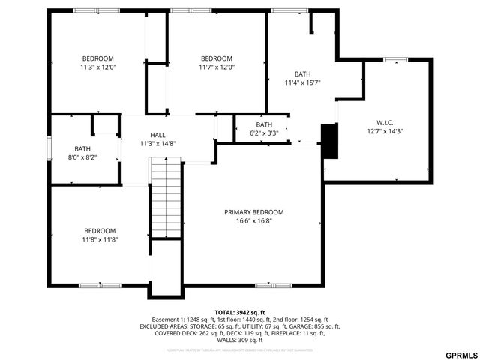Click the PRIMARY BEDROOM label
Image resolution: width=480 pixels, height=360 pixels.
click(253, 212)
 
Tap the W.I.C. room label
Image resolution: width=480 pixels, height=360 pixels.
click(385, 122)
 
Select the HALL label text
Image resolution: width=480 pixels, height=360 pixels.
click(157, 134)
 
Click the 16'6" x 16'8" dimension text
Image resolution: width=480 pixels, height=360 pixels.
click(253, 221)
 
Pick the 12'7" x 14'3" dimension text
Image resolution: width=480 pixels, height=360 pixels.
click(385, 131)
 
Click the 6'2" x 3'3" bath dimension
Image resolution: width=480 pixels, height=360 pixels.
click(264, 133)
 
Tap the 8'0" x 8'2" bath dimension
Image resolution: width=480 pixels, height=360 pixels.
click(82, 157)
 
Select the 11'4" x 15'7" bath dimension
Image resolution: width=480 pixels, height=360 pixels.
click(302, 82)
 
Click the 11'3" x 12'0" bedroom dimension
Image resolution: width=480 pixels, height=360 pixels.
click(97, 67)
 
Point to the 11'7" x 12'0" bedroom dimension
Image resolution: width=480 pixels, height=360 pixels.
click(217, 67)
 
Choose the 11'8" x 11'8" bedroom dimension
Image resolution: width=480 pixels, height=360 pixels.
click(100, 239)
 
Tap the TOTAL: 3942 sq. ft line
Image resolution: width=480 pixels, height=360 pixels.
click(239, 312)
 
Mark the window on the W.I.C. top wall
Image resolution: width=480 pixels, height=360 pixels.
click(395, 59)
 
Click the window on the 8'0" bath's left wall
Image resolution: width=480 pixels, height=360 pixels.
click(49, 148)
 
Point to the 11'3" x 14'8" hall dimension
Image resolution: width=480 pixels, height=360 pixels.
click(157, 143)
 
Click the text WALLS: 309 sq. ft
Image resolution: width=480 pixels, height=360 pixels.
click(239, 340)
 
